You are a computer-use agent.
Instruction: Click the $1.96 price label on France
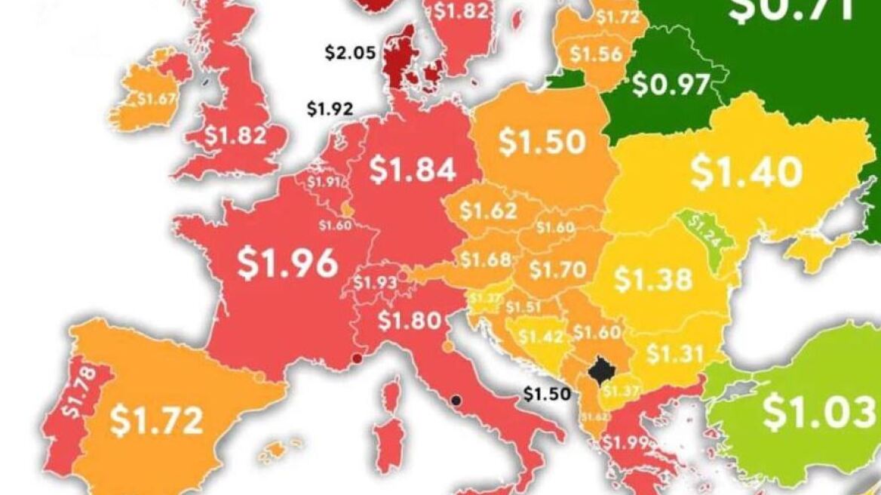click(287, 263)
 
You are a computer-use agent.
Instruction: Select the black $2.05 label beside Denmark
click(349, 52)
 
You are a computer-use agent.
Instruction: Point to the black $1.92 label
click(330, 109)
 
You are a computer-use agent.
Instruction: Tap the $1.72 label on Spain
click(156, 420)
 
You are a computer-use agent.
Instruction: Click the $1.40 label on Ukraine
click(746, 172)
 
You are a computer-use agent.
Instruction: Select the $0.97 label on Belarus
click(671, 84)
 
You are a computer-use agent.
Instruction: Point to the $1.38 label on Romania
click(652, 279)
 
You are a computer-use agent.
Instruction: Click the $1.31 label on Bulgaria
click(674, 352)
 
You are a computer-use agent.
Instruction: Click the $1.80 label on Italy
click(409, 321)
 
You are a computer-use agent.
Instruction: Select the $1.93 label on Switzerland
click(375, 283)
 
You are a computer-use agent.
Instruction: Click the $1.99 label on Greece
click(625, 443)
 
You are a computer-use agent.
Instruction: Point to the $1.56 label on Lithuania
click(596, 54)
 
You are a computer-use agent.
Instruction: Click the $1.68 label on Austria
click(486, 259)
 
